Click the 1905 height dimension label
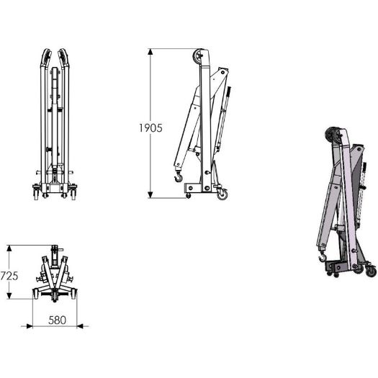click(150, 128)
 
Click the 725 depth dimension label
click(9, 276)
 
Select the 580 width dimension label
click(57, 320)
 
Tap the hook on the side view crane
click(179, 176)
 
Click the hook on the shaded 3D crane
click(323, 257)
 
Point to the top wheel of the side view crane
click(198, 56)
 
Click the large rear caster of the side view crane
click(222, 194)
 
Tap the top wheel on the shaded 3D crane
click(331, 135)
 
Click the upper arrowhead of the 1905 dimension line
click(150, 52)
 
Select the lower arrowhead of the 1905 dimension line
click(150, 195)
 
